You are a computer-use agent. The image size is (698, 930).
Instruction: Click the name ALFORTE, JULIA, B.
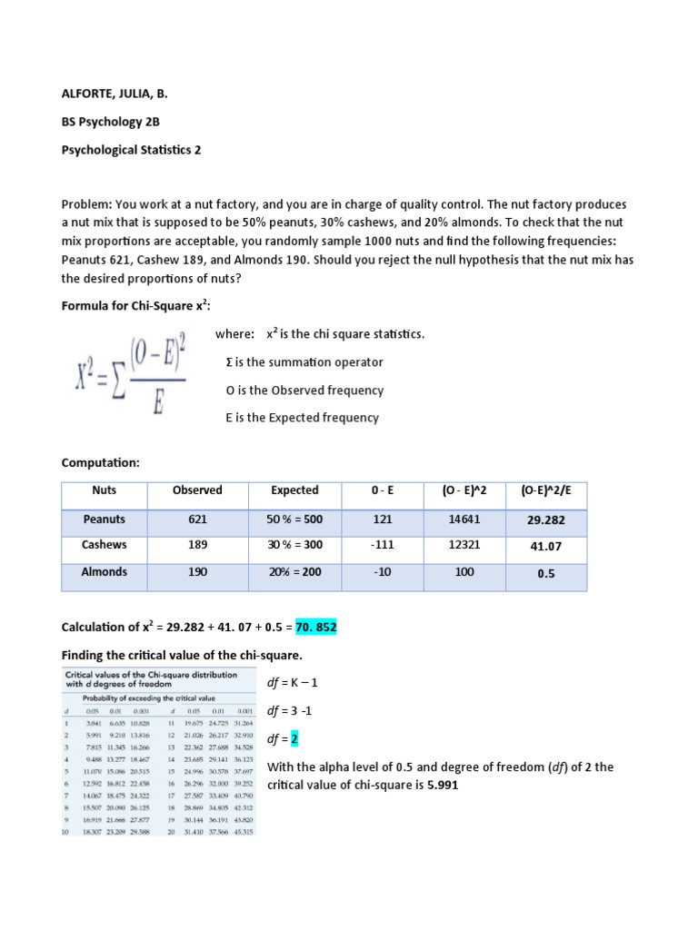pos(114,94)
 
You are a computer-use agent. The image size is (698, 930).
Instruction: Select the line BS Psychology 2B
pos(113,122)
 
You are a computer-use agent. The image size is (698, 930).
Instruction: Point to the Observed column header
pos(197,490)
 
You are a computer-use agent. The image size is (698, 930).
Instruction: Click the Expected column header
pos(294,490)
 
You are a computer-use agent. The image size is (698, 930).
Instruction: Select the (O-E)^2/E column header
pos(552,490)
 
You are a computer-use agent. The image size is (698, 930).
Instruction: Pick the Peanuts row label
pos(105,519)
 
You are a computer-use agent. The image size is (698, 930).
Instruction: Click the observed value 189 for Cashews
pos(197,545)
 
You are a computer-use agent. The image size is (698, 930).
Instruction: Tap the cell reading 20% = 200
pos(294,572)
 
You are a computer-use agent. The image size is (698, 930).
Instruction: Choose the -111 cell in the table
pos(382,545)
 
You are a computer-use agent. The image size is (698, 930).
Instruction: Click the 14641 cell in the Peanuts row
pos(465,519)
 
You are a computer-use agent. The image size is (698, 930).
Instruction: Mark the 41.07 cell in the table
pos(552,547)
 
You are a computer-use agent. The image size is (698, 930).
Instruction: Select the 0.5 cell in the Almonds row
pos(552,574)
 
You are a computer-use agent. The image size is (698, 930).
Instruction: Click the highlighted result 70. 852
pos(315,628)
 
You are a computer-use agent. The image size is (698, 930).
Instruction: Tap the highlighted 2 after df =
pos(294,739)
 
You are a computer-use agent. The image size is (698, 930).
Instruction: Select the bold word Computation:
pos(100,463)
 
